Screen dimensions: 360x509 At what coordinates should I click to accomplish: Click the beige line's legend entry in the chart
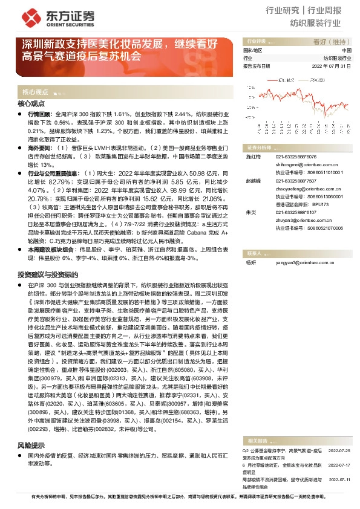[308, 79]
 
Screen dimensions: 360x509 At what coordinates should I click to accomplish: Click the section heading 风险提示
[31, 445]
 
